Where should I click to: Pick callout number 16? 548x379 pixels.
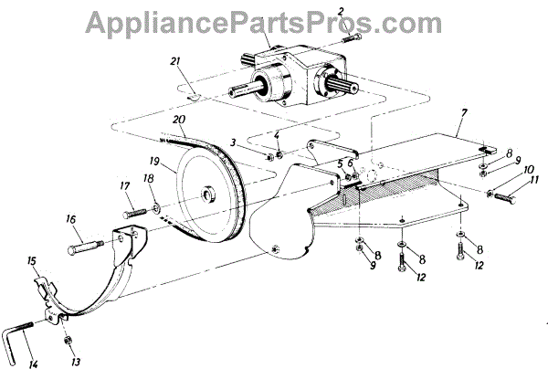pyautogui.click(x=69, y=219)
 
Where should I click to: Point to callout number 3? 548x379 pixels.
pyautogui.click(x=235, y=142)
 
